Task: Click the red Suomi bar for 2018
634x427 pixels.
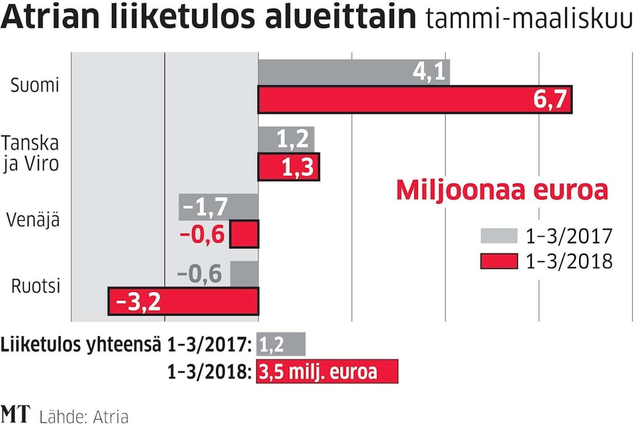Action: click(415, 99)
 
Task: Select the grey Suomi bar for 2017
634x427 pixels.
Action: click(354, 72)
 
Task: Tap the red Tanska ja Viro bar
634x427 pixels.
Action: click(289, 167)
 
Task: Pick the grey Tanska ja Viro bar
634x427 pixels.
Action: click(286, 140)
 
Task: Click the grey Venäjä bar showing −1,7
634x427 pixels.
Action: click(219, 207)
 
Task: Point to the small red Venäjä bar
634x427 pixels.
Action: click(244, 234)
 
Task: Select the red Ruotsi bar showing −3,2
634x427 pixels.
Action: click(183, 302)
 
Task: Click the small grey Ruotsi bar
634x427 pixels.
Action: click(244, 274)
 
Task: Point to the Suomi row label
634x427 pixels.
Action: click(35, 86)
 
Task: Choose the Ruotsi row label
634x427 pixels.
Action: click(36, 286)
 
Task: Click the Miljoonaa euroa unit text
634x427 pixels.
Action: click(502, 190)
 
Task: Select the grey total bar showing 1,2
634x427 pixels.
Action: click(281, 344)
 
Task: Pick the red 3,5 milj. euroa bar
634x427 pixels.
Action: click(328, 371)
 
